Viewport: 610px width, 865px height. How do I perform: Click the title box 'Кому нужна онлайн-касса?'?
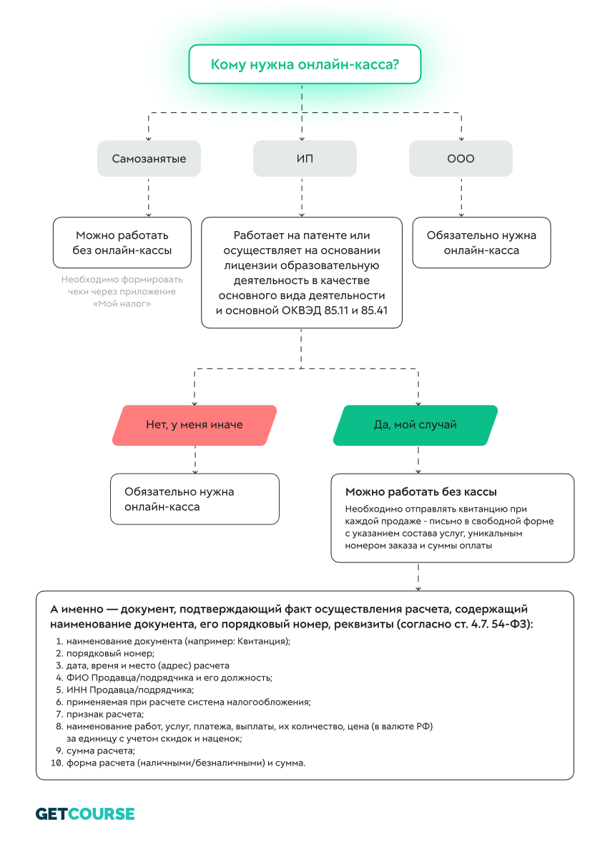(304, 64)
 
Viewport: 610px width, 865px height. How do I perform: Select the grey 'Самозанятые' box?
(149, 159)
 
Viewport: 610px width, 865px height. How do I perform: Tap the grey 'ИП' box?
(305, 159)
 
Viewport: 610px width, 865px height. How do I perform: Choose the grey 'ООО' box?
(461, 159)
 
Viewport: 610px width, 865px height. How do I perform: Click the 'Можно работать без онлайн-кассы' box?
(122, 243)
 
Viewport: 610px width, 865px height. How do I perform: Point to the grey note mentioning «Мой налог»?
(122, 292)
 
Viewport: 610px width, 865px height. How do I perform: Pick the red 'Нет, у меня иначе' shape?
(195, 425)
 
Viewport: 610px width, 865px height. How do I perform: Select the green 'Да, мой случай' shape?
(415, 425)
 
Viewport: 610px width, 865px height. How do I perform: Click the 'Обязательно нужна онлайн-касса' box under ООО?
(481, 243)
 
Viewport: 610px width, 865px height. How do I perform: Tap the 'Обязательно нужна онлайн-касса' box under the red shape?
(195, 499)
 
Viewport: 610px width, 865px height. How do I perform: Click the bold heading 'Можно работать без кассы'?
(421, 492)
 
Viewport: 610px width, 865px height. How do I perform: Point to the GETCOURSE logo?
(85, 813)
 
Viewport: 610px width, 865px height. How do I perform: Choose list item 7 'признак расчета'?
(105, 714)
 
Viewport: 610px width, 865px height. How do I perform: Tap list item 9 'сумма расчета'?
(100, 751)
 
